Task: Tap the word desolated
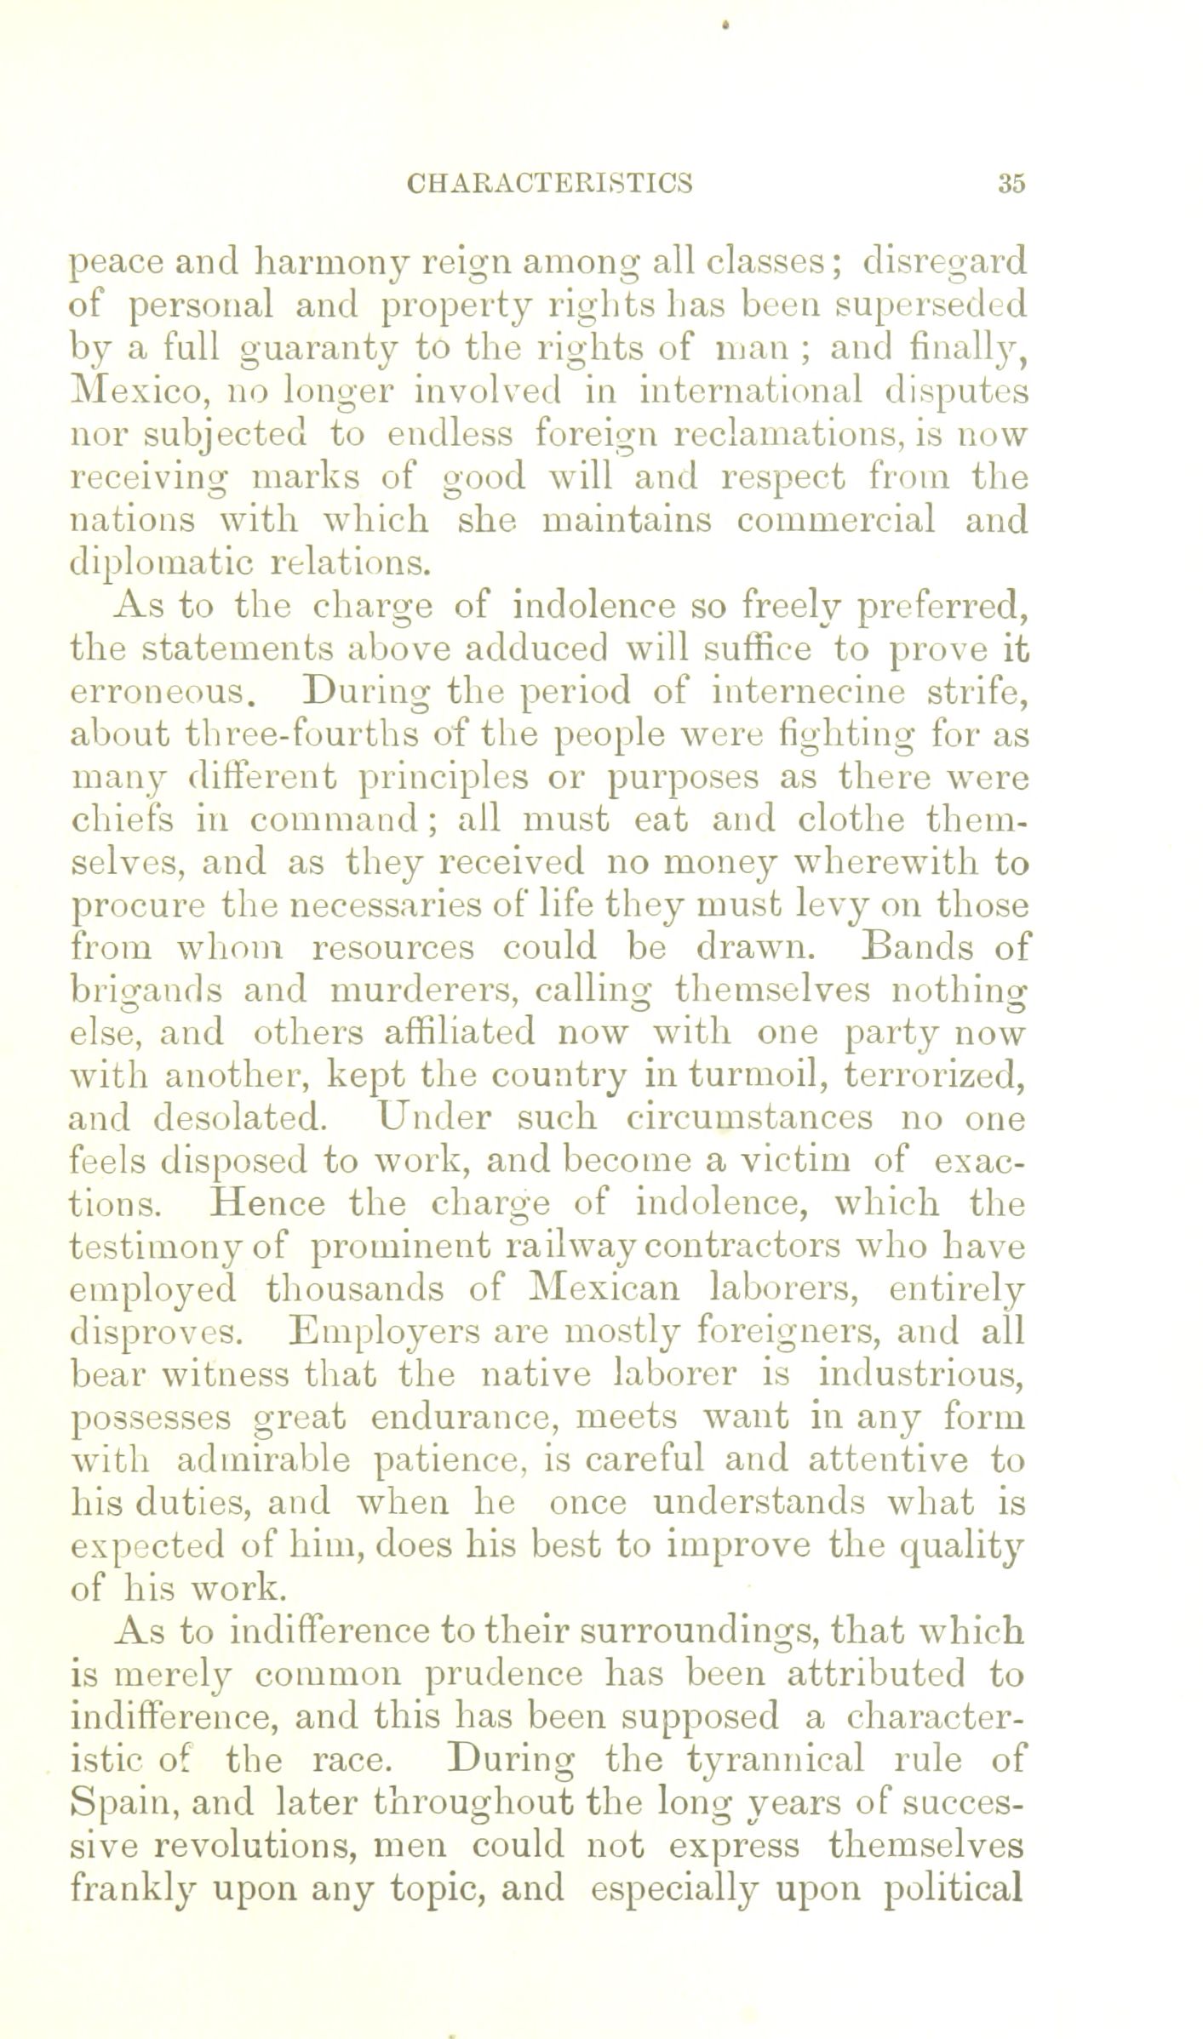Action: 239,1118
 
